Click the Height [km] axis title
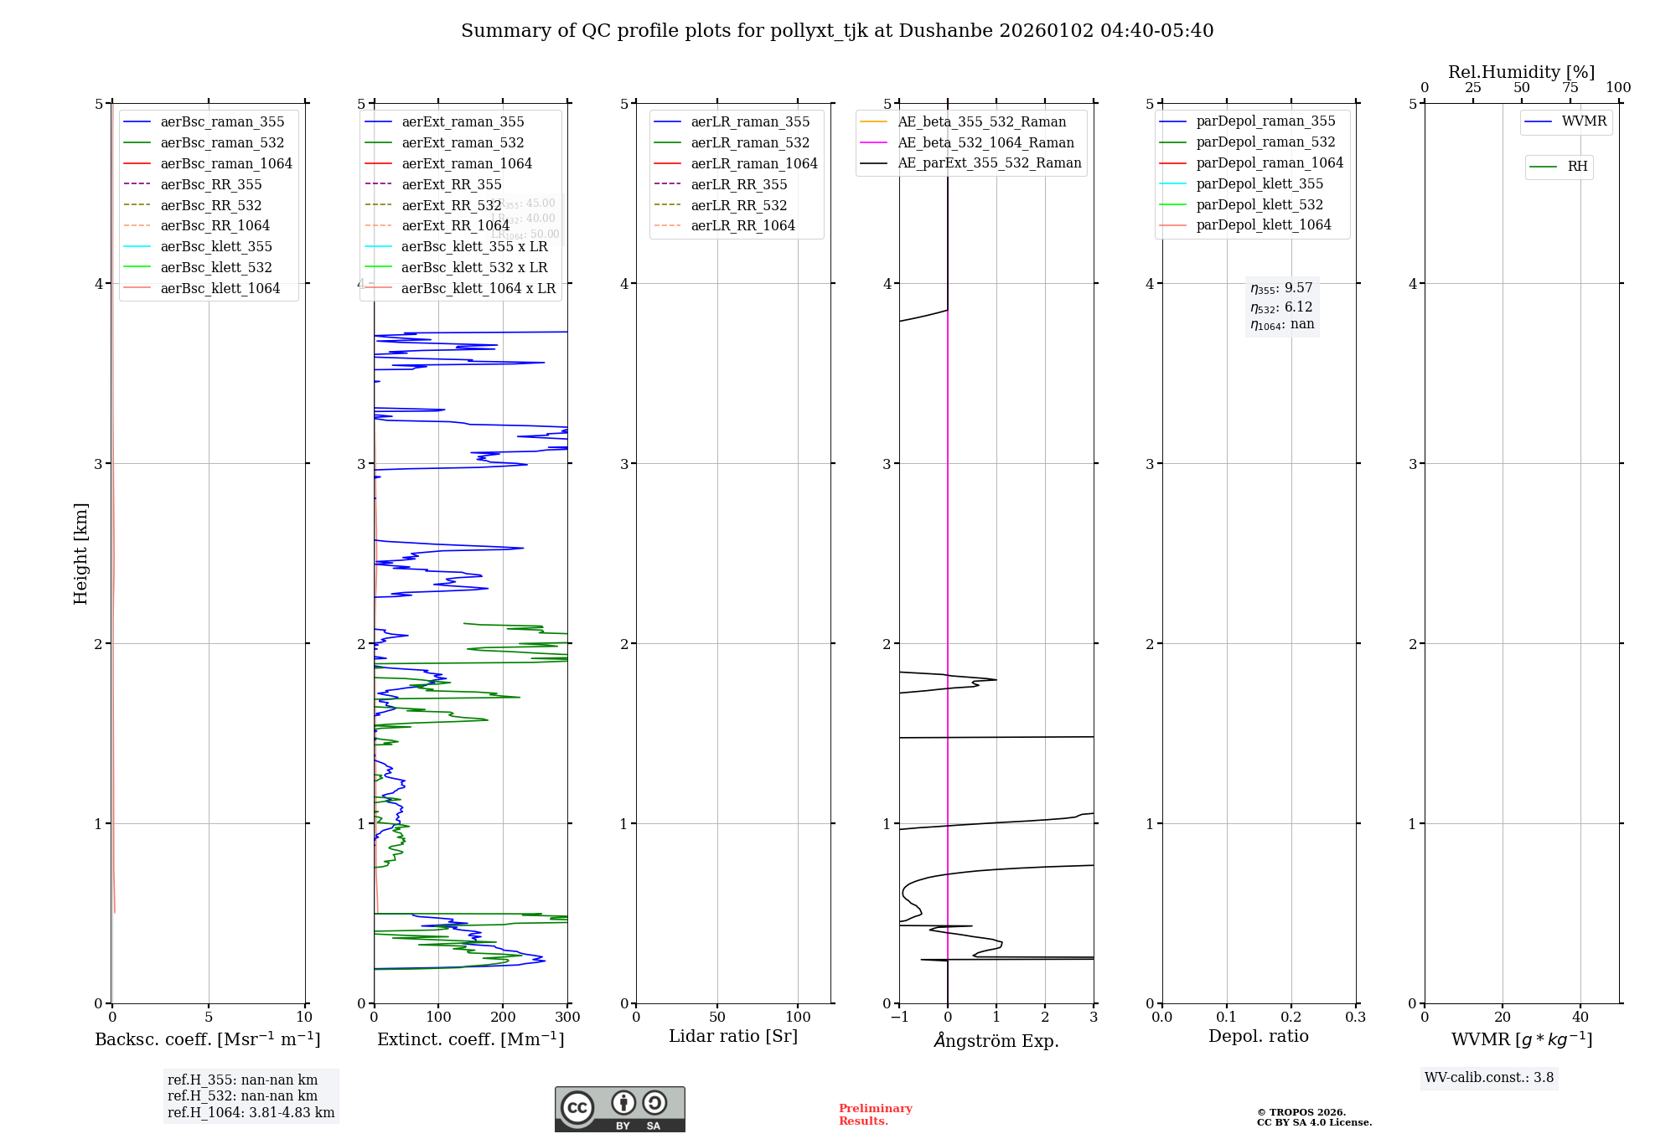click(x=80, y=553)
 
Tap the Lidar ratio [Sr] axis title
click(x=733, y=1037)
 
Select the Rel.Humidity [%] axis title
click(x=1521, y=72)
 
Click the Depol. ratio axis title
click(x=1258, y=1037)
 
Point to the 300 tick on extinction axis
click(x=567, y=1018)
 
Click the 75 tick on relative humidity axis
click(x=1570, y=88)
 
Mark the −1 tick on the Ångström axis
click(x=899, y=1018)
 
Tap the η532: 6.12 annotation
click(x=1281, y=307)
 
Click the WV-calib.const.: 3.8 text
click(x=1488, y=1078)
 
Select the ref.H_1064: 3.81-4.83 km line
click(x=251, y=1113)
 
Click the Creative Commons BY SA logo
click(x=619, y=1110)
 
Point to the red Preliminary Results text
click(x=875, y=1115)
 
